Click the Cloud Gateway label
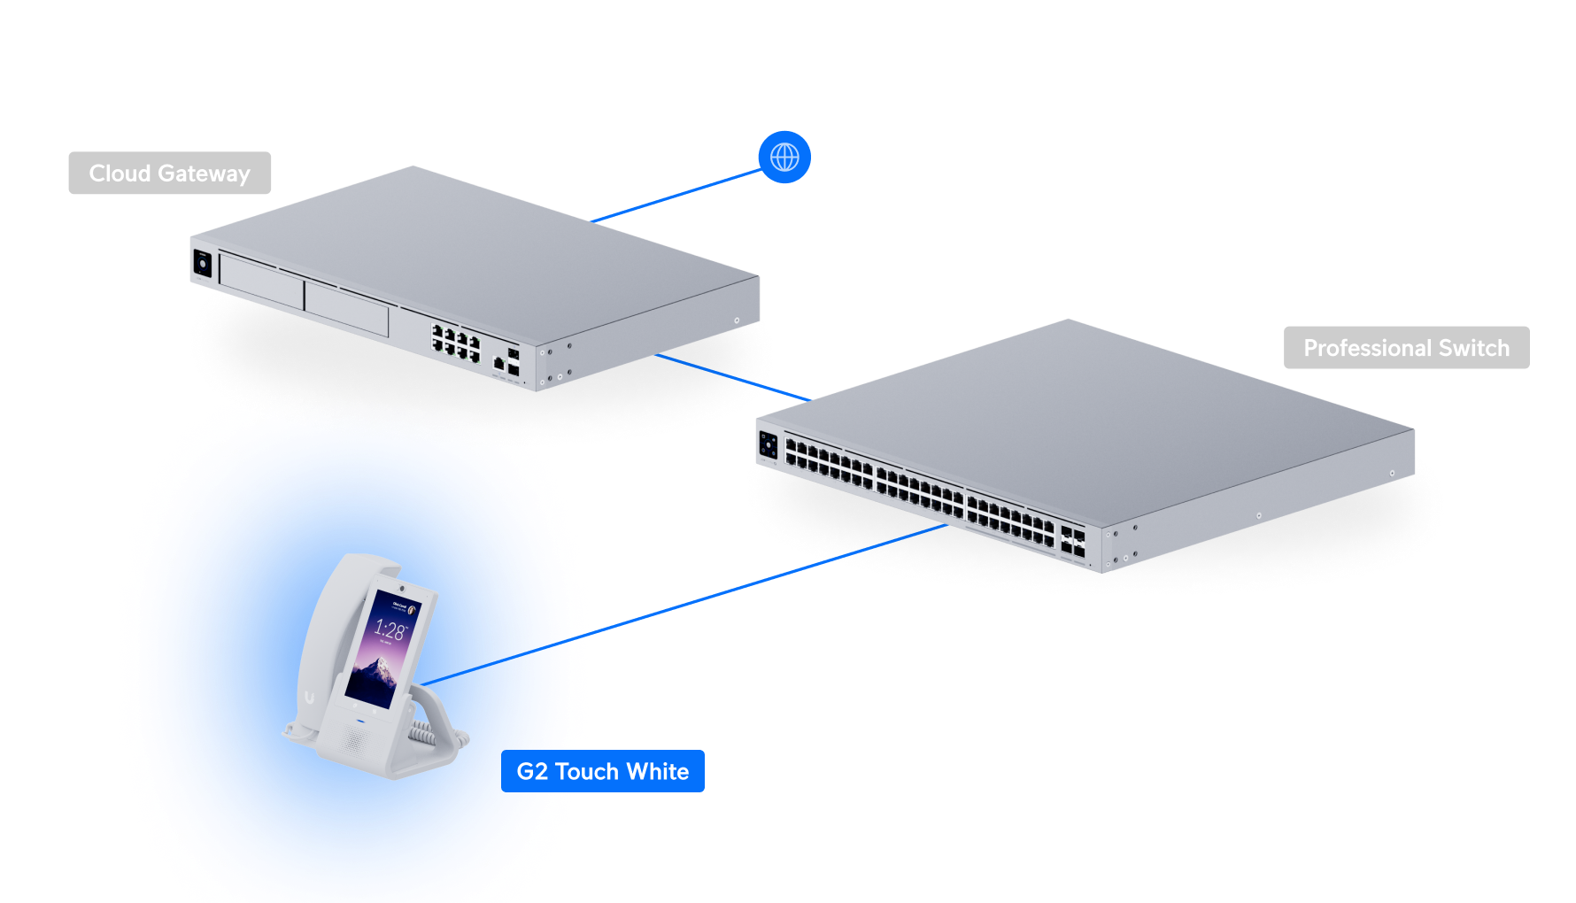point(169,174)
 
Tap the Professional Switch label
point(1406,348)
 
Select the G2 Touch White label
point(602,771)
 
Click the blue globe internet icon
point(784,158)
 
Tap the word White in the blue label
point(657,771)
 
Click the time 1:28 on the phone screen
point(390,630)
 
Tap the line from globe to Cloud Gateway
point(677,196)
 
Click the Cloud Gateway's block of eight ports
point(455,343)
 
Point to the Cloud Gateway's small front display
point(203,264)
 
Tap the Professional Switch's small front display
point(768,445)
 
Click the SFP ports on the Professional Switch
point(1072,543)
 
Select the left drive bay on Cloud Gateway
point(261,282)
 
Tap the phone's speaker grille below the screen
point(356,737)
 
